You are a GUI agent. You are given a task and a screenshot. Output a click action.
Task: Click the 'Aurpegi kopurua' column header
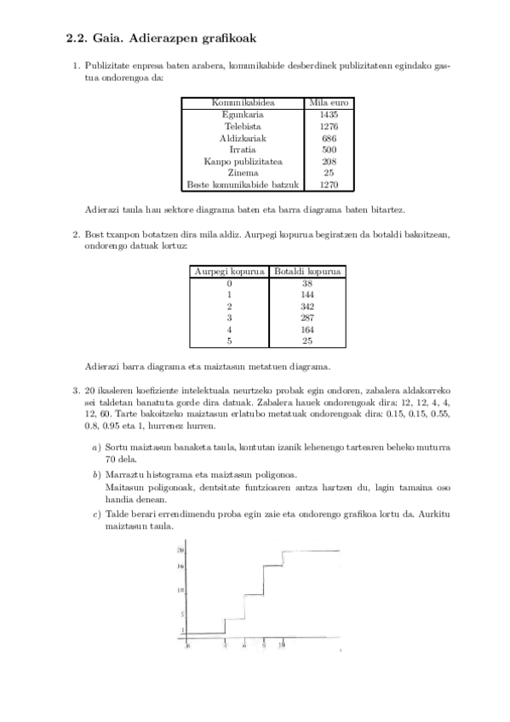tap(227, 272)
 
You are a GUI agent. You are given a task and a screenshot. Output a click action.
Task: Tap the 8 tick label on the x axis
tap(264, 646)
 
